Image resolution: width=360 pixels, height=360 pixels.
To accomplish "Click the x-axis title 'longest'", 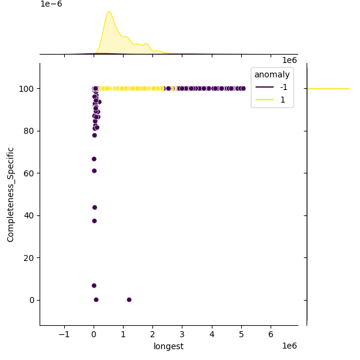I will coord(169,346).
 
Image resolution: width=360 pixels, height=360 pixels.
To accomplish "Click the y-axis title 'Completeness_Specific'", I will coord(11,194).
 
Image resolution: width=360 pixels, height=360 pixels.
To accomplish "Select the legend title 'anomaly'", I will coord(272,75).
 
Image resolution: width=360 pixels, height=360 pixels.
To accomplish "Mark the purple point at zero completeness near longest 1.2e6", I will coord(129,299).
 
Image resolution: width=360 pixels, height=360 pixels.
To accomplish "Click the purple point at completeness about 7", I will coord(94,286).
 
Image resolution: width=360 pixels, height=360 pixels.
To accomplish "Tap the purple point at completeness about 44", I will coord(95,208).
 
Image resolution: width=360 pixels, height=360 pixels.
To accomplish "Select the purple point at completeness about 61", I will coord(94,171).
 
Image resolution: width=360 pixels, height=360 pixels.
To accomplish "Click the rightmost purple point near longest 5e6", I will coord(243,89).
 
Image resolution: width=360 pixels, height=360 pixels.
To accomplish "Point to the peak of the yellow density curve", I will coord(109,12).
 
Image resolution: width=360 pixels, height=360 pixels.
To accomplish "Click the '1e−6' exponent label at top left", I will coord(51,4).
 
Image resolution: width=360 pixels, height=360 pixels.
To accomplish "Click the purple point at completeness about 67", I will coord(94,159).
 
